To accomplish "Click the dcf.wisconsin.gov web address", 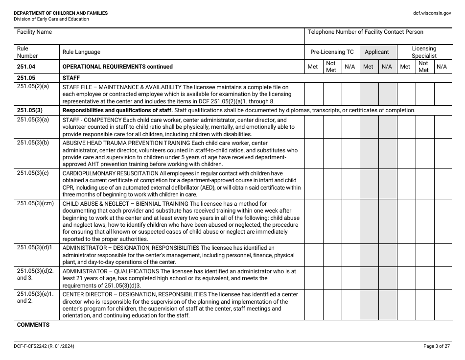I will (x=432, y=13).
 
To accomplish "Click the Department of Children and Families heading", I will (x=61, y=13).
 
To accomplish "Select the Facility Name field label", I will (x=34, y=32).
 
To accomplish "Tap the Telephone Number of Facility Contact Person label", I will (x=365, y=32).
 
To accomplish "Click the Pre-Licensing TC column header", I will (x=332, y=52).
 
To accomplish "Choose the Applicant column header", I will (x=377, y=52).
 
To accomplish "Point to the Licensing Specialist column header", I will (x=424, y=52).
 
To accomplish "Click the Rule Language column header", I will (x=81, y=52).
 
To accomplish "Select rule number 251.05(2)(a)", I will (x=33, y=87).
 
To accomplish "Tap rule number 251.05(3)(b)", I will (x=33, y=143).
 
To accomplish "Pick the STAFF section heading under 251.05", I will (x=71, y=77).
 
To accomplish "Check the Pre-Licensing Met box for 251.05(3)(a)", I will (x=314, y=126).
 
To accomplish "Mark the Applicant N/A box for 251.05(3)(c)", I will (x=387, y=184).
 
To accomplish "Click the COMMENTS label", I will (x=33, y=325).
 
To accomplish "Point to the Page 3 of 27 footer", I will (x=436, y=346).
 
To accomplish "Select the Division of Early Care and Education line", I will (x=51, y=19).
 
